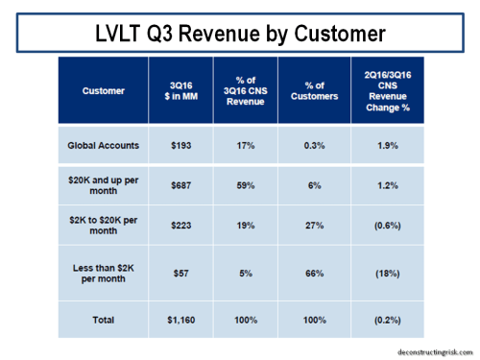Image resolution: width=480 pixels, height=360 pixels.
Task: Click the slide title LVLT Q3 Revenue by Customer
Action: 240,35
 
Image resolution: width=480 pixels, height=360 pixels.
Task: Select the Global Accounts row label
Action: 104,145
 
